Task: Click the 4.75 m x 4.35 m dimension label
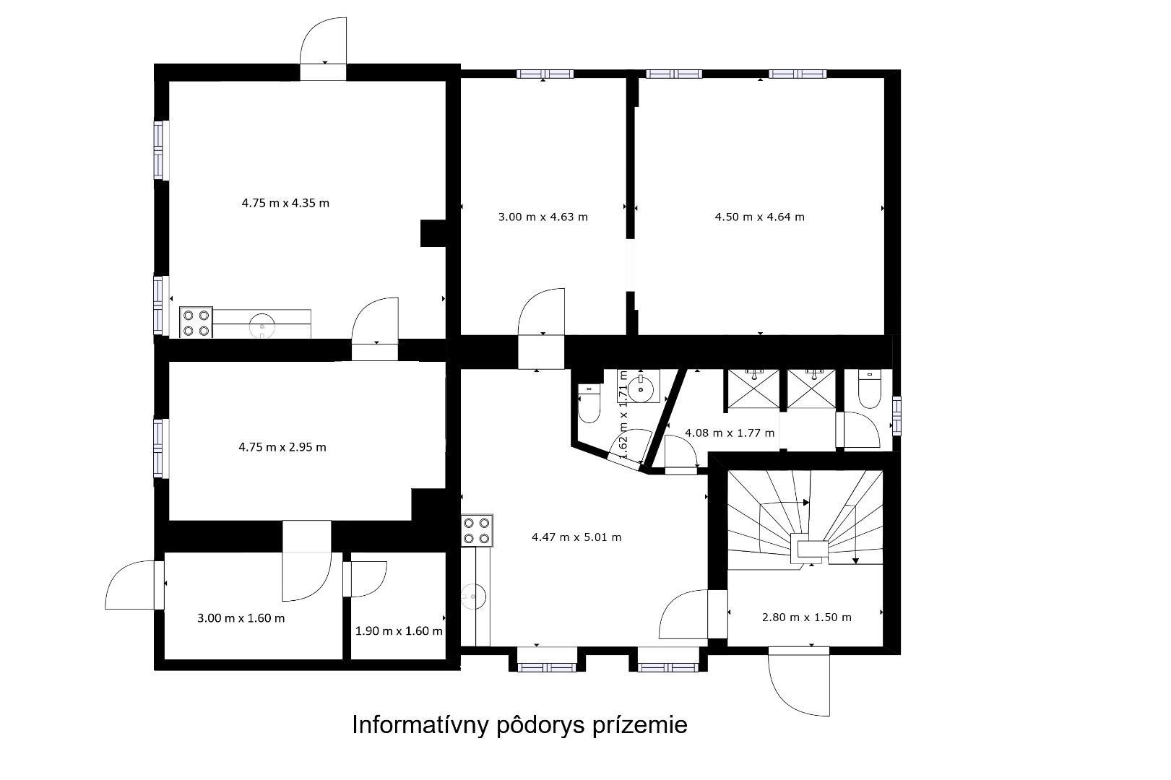pos(285,203)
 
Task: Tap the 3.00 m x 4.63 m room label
pos(543,217)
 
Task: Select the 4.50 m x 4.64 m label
pos(759,217)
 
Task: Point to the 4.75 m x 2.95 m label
pos(282,447)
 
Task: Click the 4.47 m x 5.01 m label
pos(576,537)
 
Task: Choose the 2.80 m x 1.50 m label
pos(807,617)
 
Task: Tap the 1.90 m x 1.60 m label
pos(399,631)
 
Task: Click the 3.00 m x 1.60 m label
pos(241,618)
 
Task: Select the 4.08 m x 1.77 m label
pos(730,433)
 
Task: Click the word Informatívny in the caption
pos(420,725)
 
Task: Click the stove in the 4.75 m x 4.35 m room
pos(196,323)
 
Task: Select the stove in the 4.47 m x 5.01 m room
pos(477,530)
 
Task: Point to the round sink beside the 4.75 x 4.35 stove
pos(262,325)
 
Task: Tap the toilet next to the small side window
pos(869,389)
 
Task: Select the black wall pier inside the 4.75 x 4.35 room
pos(433,233)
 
